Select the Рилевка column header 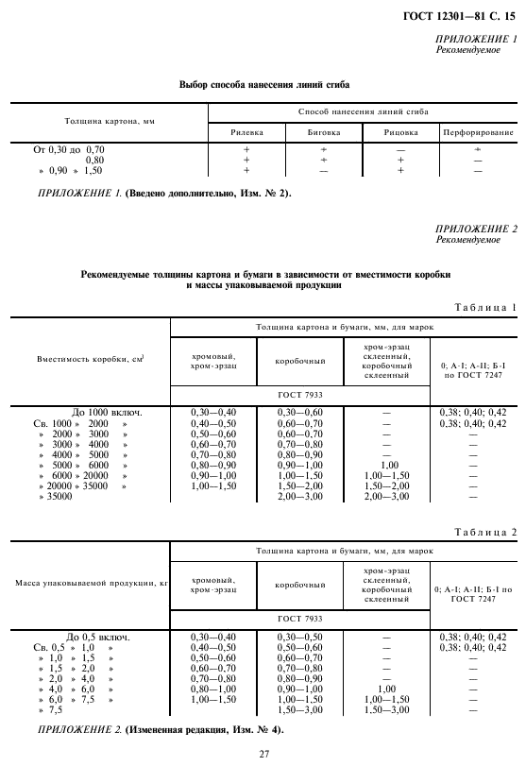point(247,132)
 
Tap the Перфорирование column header point(478,132)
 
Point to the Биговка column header point(323,132)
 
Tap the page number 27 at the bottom point(263,753)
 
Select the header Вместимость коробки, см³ point(91,360)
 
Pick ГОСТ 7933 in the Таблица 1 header point(300,392)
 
